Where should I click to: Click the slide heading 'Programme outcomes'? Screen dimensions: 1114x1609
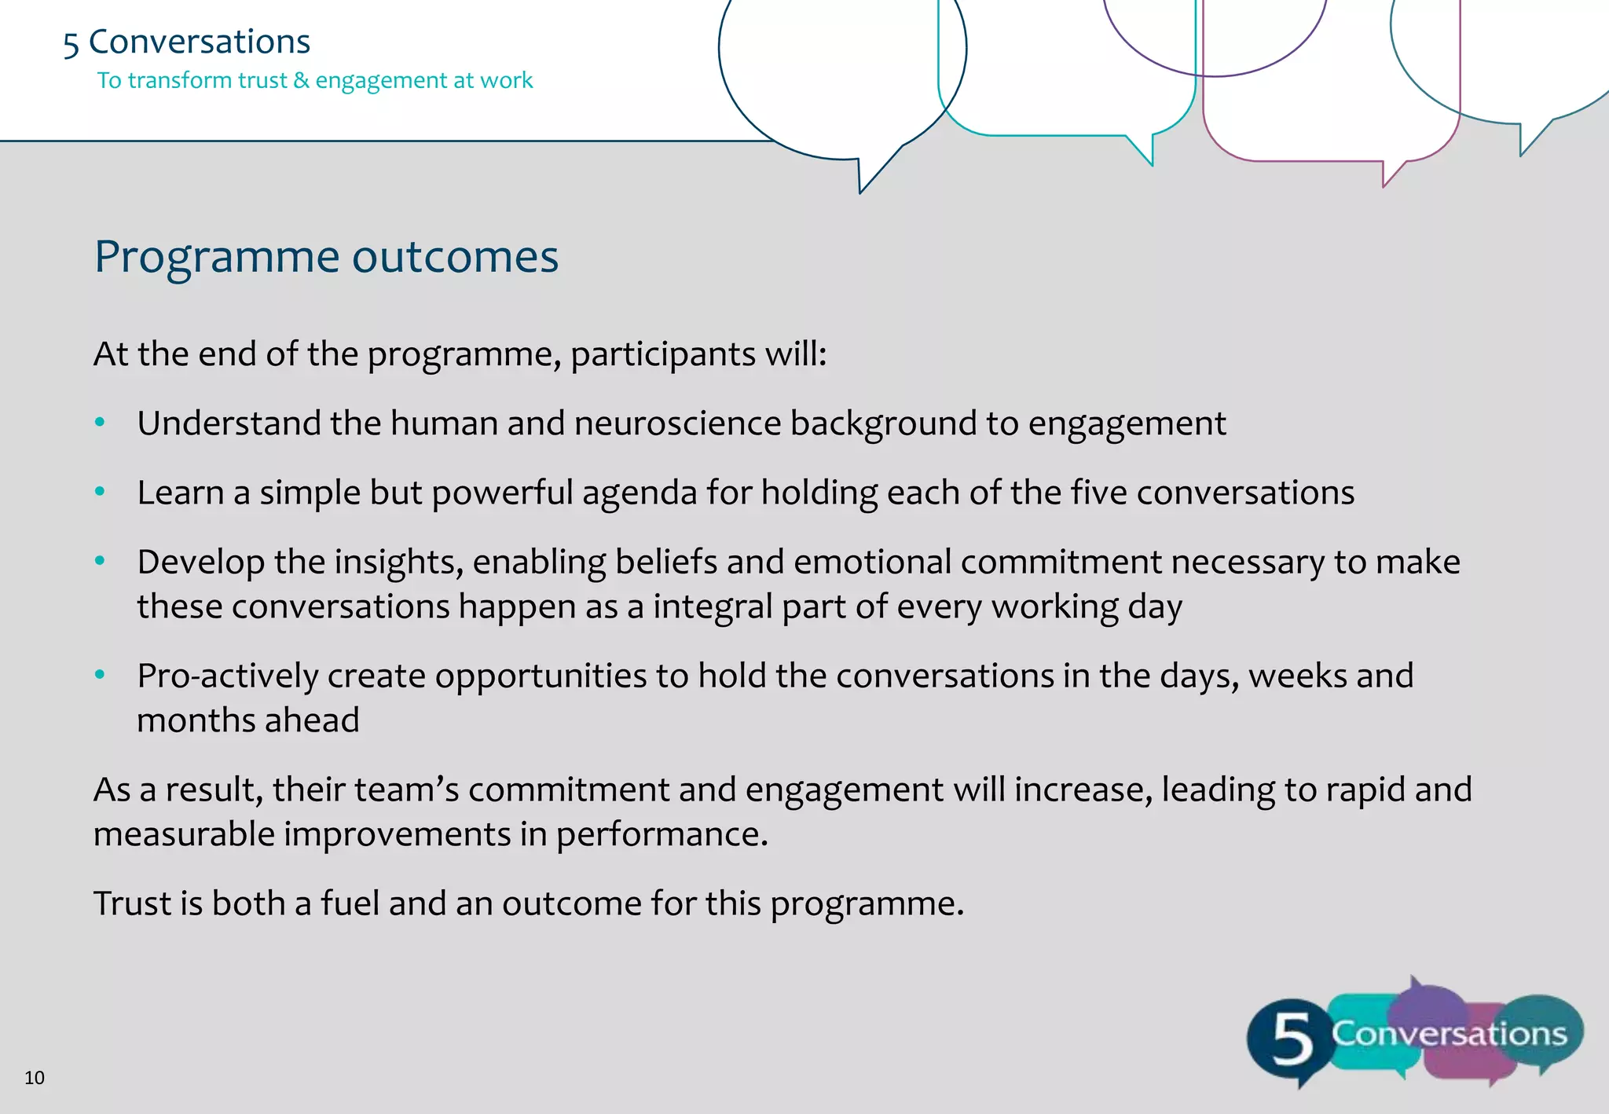(326, 257)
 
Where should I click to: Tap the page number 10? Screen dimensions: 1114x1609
(35, 1078)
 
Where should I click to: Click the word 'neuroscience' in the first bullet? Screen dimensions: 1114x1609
(677, 423)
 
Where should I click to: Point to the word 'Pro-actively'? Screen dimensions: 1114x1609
(227, 676)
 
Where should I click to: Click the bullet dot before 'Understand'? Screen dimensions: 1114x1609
(100, 423)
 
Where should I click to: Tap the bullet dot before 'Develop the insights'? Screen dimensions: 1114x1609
(100, 561)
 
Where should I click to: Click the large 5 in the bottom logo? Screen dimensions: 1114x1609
(1292, 1039)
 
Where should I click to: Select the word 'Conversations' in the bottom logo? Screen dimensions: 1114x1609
(1449, 1034)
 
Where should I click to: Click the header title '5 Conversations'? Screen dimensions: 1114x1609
(187, 42)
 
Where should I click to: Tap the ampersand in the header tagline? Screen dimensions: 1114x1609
(301, 80)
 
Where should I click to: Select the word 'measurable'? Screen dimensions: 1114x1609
(184, 834)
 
